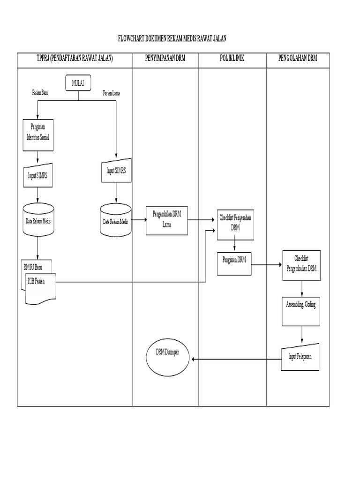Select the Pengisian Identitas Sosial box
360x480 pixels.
pyautogui.click(x=38, y=135)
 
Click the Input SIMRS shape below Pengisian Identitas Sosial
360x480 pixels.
pyautogui.click(x=38, y=175)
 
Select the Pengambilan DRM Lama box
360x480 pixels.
pyautogui.click(x=167, y=220)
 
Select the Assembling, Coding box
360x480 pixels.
pyautogui.click(x=302, y=310)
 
